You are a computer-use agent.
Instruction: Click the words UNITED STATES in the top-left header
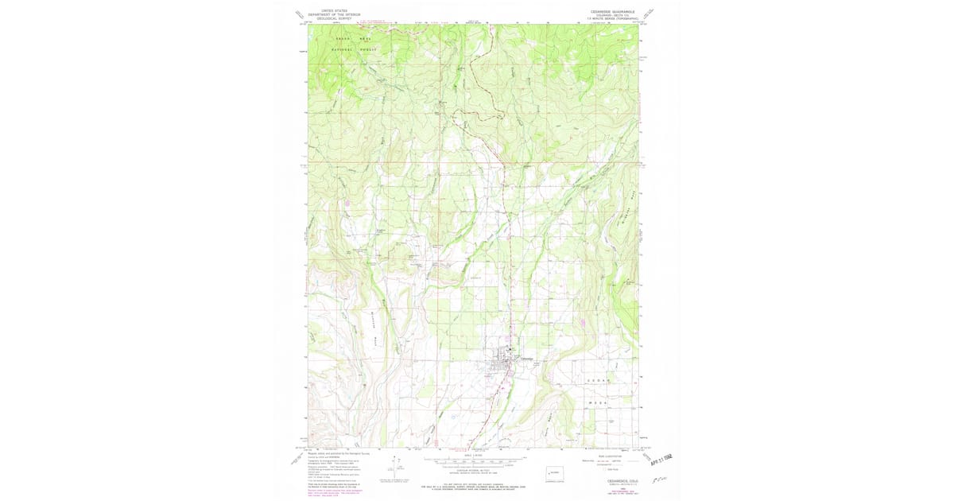click(334, 11)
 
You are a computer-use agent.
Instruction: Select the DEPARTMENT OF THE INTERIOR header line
click(334, 15)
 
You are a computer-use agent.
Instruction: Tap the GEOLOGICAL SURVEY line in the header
click(334, 19)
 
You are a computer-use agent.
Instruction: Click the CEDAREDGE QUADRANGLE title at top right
click(612, 11)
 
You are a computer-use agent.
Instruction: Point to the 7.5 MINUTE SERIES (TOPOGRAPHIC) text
click(612, 18)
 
